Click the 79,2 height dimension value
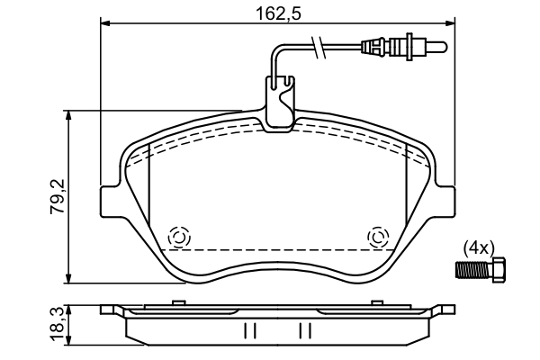pos(57,196)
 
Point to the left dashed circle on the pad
pos(178,237)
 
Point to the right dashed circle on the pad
pos(378,237)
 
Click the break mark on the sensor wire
pos(316,44)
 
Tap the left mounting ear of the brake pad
pos(110,202)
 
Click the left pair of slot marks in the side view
pos(249,331)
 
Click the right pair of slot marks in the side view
pos(305,331)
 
